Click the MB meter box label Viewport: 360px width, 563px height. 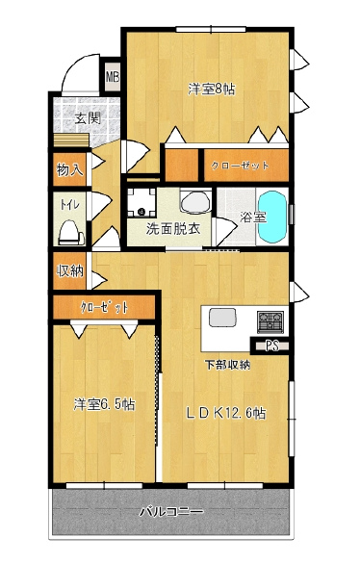(113, 77)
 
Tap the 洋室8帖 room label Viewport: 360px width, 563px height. (212, 89)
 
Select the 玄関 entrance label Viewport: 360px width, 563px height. (88, 118)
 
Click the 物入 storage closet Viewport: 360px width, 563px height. (69, 169)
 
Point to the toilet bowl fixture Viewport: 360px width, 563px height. (71, 233)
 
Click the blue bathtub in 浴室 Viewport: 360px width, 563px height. (273, 217)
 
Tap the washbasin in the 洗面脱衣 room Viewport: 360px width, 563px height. (195, 201)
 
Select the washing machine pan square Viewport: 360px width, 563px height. (141, 203)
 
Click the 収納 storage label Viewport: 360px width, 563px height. (70, 271)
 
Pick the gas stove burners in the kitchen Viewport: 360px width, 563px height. (270, 321)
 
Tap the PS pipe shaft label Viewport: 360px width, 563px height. (272, 345)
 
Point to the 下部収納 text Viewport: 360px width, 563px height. (227, 366)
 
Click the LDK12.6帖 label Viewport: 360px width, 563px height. (226, 413)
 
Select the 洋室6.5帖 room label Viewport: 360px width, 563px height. (104, 404)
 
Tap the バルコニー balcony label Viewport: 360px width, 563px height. (171, 511)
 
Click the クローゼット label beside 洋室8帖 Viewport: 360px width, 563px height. (240, 166)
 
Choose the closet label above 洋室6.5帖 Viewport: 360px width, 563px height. (104, 307)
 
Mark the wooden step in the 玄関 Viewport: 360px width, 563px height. (71, 141)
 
